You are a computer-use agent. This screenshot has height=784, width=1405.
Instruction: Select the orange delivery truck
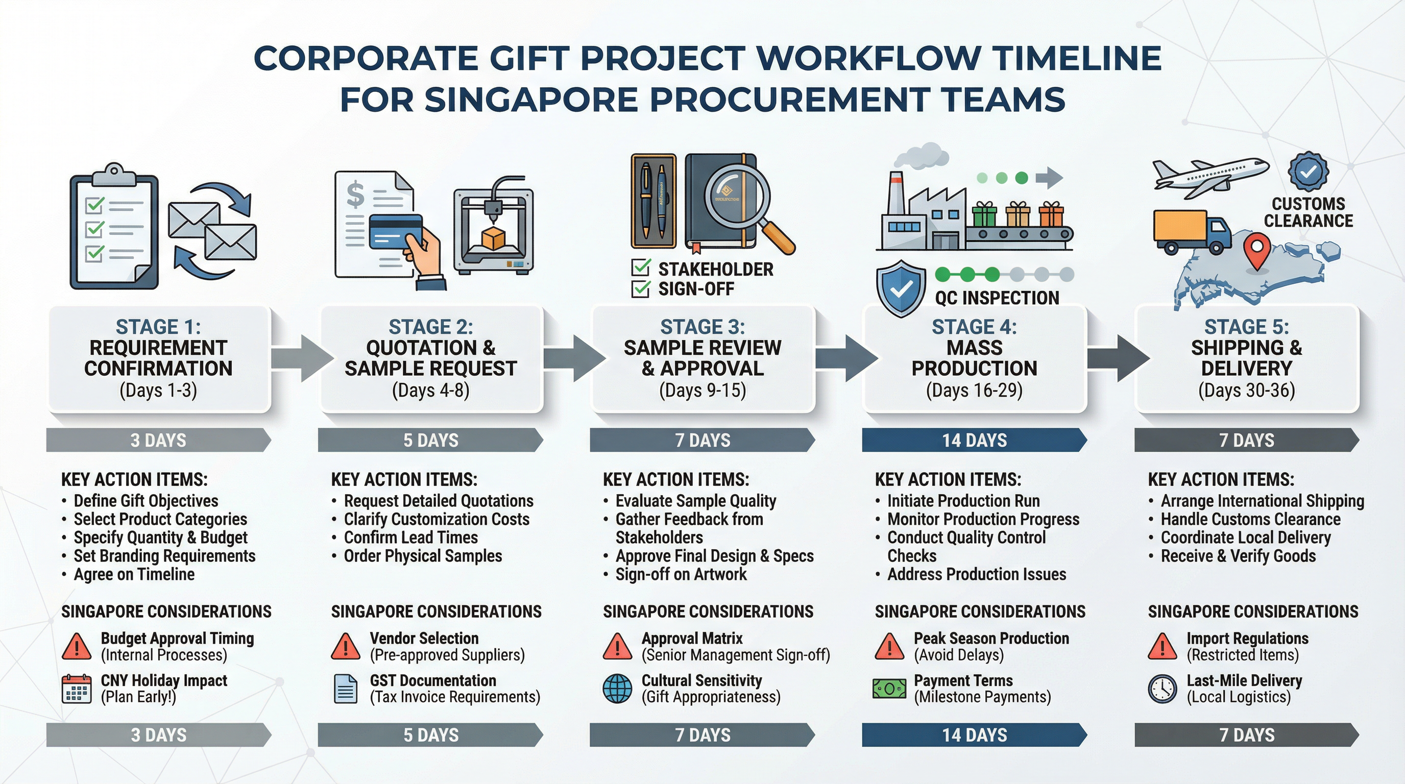coord(1191,232)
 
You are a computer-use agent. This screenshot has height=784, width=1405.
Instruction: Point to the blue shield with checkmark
coord(901,288)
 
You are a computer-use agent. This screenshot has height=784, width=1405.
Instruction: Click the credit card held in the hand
coord(396,231)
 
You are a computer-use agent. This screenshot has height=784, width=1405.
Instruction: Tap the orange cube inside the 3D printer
coord(493,239)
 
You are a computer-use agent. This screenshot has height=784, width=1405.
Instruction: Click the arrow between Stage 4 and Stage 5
coord(1118,358)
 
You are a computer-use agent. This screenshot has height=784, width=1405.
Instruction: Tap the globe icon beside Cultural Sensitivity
coord(617,689)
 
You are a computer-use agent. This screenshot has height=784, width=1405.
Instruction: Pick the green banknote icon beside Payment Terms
coord(889,689)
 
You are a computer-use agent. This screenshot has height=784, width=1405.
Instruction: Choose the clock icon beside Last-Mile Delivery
coord(1162,689)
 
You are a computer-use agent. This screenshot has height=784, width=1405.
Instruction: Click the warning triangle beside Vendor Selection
coord(346,647)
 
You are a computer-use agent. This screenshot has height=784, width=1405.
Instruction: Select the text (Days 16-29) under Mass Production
coord(974,390)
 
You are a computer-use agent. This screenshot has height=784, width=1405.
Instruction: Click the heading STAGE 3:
coord(703,327)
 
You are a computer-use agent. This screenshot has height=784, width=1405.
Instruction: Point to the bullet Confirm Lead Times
coord(410,537)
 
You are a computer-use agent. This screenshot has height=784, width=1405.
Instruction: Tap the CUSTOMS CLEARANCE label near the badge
coord(1308,212)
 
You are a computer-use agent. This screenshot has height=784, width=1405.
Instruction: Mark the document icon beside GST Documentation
coord(345,689)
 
